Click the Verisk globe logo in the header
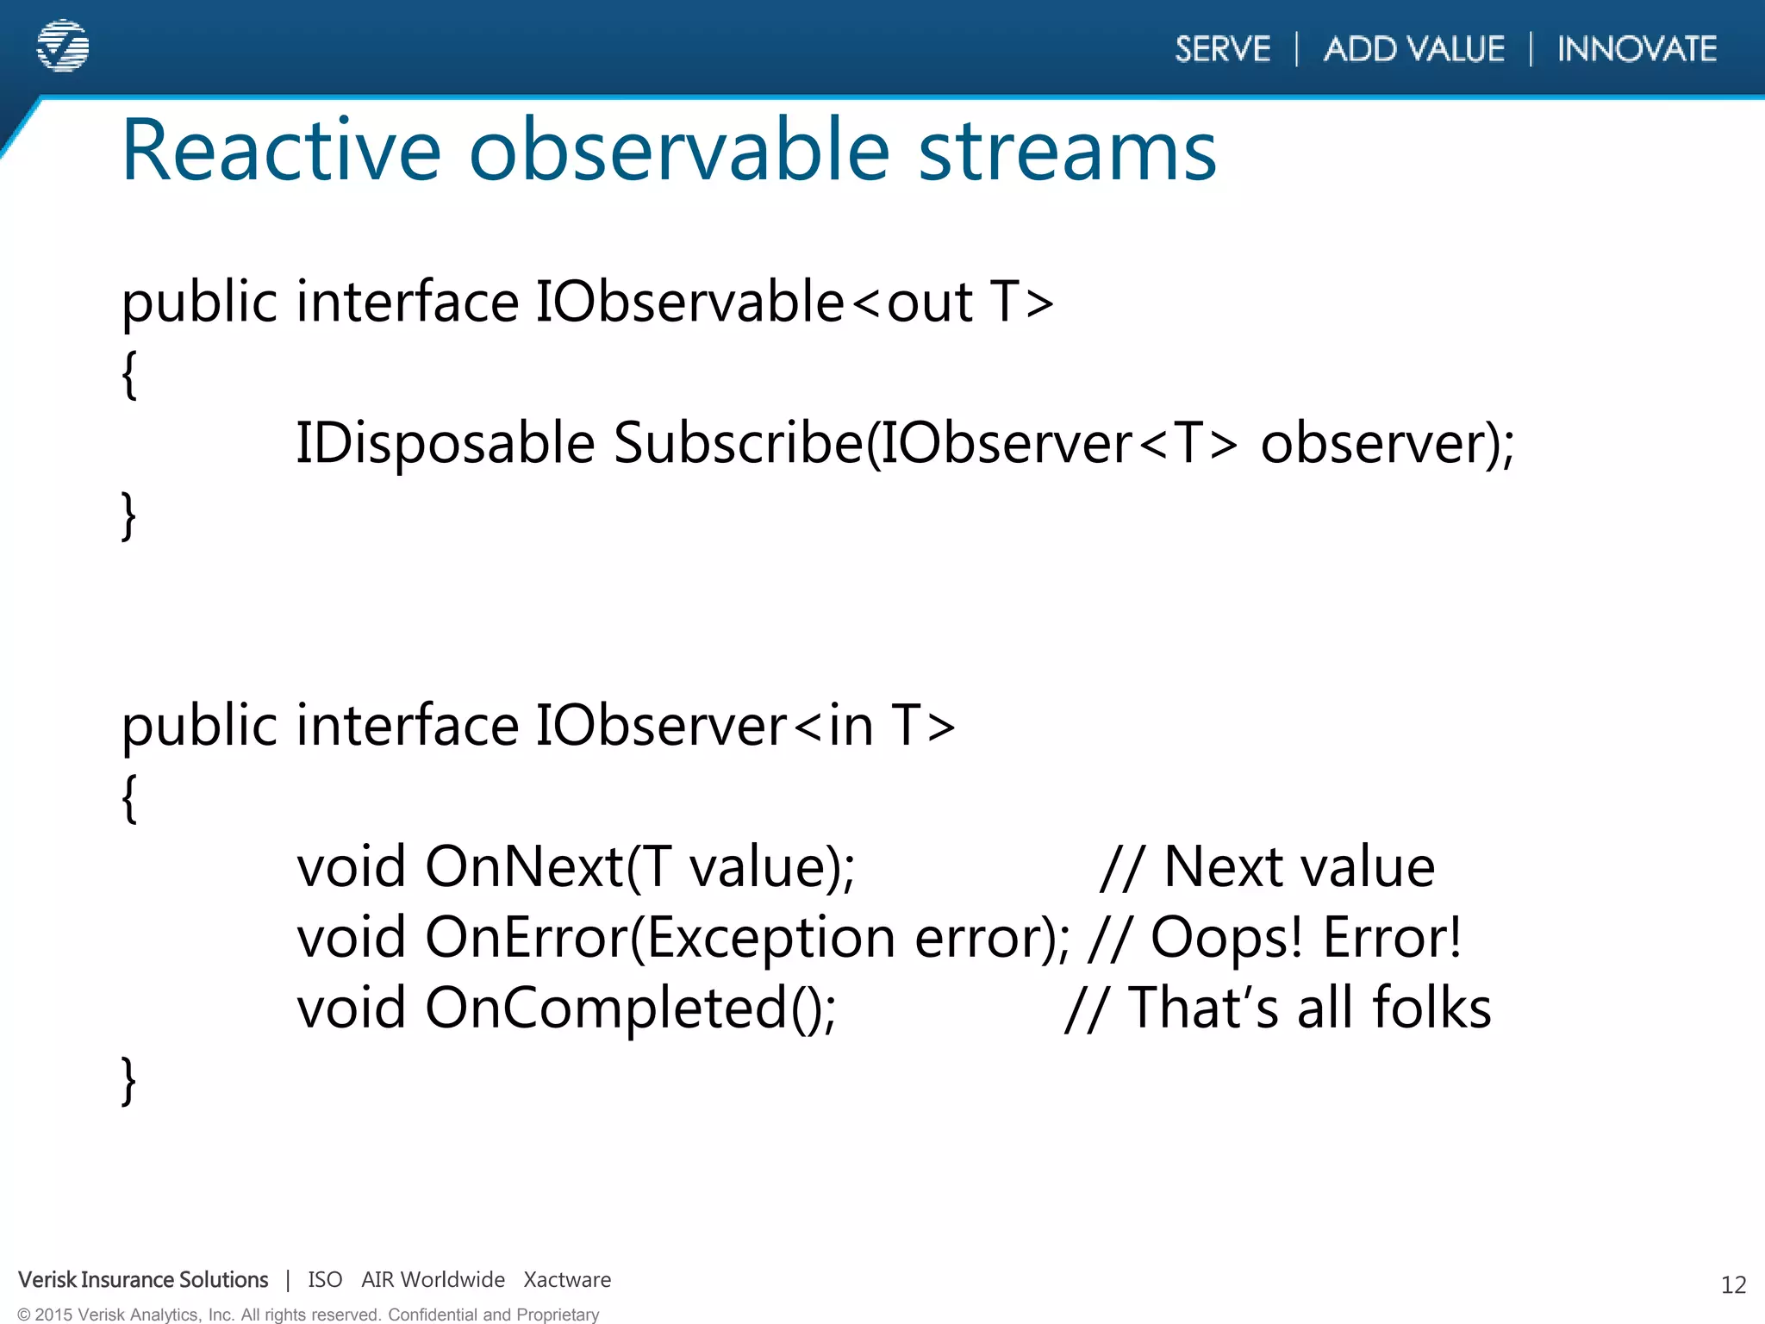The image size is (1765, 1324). pyautogui.click(x=63, y=46)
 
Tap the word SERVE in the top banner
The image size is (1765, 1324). pyautogui.click(x=1222, y=49)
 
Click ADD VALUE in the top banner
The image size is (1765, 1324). pyautogui.click(x=1413, y=49)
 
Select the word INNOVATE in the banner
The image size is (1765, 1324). pyautogui.click(x=1637, y=49)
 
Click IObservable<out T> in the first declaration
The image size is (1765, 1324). pyautogui.click(x=794, y=303)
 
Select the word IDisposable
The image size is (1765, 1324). pyautogui.click(x=445, y=444)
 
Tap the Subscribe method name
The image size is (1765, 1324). pyautogui.click(x=738, y=444)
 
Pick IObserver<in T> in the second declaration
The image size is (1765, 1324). pyautogui.click(x=745, y=726)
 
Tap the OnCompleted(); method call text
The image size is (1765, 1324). pyautogui.click(x=630, y=1008)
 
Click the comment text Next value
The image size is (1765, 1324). pyautogui.click(x=1299, y=866)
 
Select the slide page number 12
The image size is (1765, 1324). pyautogui.click(x=1733, y=1285)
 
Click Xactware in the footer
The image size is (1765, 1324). pyautogui.click(x=567, y=1280)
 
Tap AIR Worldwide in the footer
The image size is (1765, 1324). pyautogui.click(x=433, y=1280)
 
